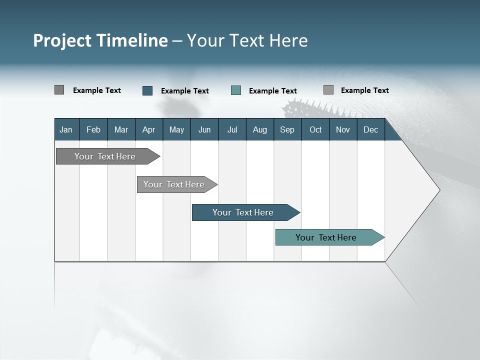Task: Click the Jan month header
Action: click(x=66, y=129)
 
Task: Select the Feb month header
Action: click(x=93, y=129)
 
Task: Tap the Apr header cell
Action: click(x=148, y=129)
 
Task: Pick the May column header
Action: click(x=176, y=129)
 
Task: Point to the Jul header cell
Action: click(x=232, y=129)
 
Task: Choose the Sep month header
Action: click(x=287, y=129)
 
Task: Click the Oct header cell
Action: click(x=315, y=129)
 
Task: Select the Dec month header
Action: click(x=370, y=129)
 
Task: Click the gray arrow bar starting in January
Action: click(x=105, y=156)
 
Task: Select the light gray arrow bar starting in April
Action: click(x=174, y=184)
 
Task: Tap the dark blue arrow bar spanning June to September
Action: click(x=243, y=212)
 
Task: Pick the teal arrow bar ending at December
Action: click(x=326, y=237)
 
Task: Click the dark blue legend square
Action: click(x=147, y=90)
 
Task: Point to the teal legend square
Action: click(x=236, y=90)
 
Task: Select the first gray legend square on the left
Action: click(x=59, y=90)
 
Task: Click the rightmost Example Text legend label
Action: click(x=364, y=90)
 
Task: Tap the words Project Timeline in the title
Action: click(x=100, y=40)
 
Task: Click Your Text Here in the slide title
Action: click(x=247, y=40)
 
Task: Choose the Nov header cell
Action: click(x=343, y=129)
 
